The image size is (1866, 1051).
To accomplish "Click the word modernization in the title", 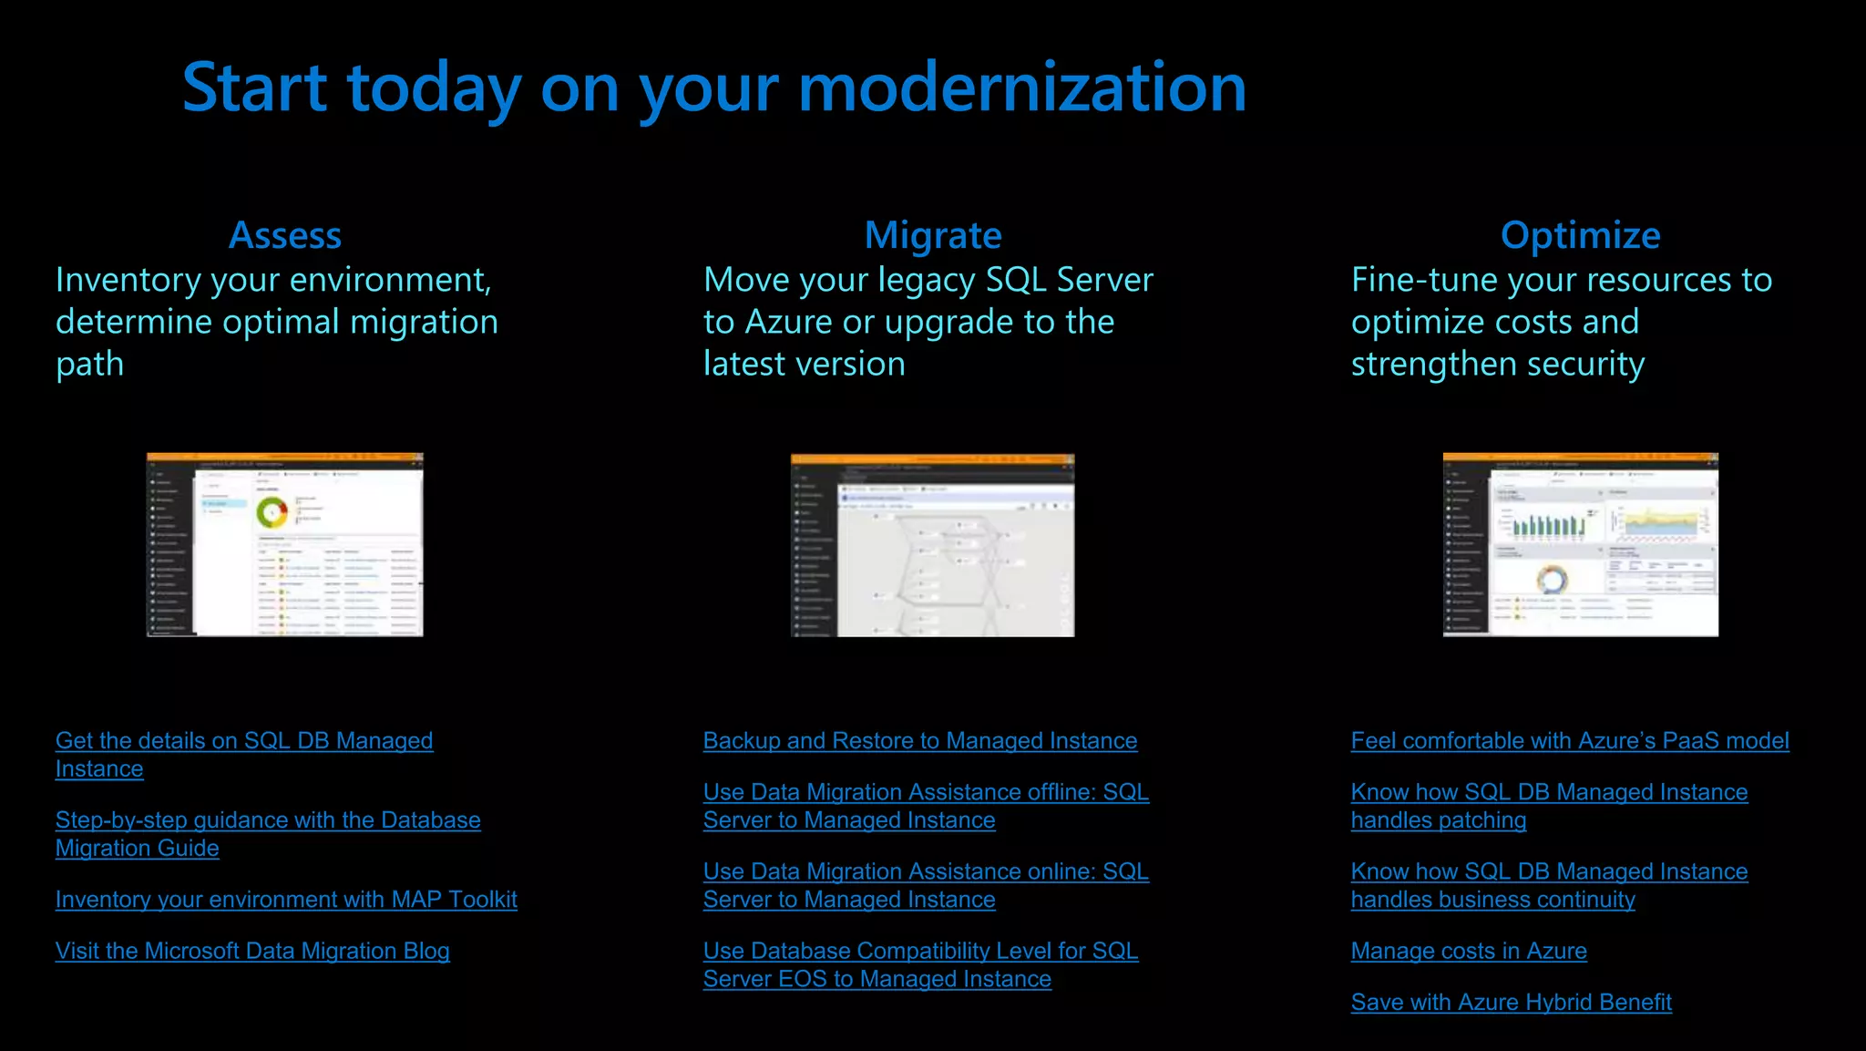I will click(1021, 88).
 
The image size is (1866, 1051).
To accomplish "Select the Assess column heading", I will click(284, 235).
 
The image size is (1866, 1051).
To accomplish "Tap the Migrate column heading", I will click(932, 235).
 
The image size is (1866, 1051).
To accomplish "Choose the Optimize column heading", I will click(1580, 235).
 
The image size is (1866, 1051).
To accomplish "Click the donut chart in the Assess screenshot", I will click(272, 512).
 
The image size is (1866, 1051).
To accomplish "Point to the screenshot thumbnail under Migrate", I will click(932, 545).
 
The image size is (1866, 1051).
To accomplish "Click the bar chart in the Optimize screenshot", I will click(1548, 524).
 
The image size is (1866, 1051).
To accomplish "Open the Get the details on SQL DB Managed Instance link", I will click(243, 741).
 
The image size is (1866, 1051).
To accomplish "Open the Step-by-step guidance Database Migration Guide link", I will click(267, 820).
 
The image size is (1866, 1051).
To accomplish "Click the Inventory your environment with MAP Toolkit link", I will click(285, 900).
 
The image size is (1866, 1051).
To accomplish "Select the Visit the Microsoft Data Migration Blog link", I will click(252, 951).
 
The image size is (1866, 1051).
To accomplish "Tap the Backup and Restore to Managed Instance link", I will click(919, 741).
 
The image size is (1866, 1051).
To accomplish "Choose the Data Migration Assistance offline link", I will click(925, 793).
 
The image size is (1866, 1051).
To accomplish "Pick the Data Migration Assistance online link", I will click(925, 872).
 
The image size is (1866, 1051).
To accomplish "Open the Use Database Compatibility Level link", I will click(919, 952).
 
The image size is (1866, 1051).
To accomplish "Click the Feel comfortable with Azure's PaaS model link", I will click(1569, 741).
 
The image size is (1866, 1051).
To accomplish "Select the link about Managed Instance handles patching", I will click(1548, 793).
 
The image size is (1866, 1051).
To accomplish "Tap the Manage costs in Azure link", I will click(1468, 951).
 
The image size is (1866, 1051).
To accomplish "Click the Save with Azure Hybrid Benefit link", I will click(1511, 1003).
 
